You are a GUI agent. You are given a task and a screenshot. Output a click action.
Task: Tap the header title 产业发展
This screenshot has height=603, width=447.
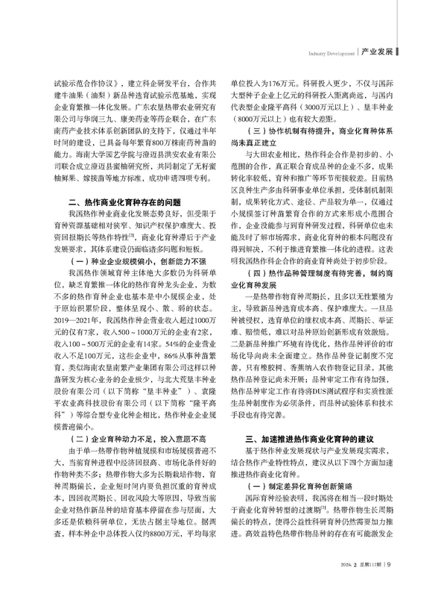coord(377,51)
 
